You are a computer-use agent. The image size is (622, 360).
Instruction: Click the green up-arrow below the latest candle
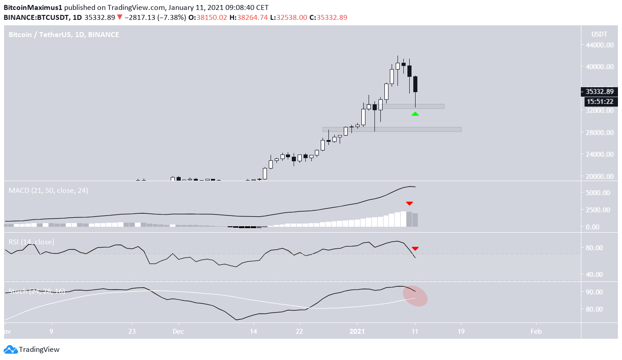click(x=415, y=114)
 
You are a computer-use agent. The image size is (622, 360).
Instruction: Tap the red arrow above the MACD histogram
click(x=409, y=204)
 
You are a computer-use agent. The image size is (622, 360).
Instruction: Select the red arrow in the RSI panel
click(x=415, y=248)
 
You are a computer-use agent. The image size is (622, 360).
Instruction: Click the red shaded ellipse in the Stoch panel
click(x=415, y=296)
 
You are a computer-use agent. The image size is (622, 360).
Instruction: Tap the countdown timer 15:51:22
click(x=599, y=102)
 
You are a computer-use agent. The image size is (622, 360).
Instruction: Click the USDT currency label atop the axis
click(x=599, y=34)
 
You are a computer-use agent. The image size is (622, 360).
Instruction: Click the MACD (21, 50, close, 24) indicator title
click(x=48, y=191)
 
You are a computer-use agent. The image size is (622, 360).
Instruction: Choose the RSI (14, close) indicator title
click(x=32, y=242)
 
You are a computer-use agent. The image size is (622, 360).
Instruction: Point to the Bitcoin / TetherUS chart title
click(x=64, y=34)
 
